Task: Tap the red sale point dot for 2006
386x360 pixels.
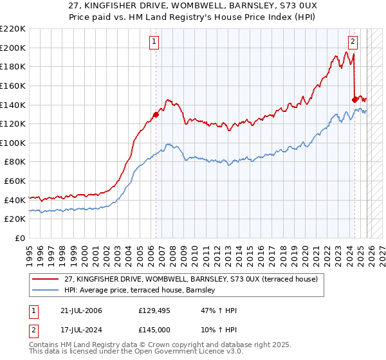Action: [156, 115]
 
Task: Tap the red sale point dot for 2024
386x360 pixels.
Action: [354, 99]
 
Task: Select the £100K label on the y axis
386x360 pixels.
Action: [14, 143]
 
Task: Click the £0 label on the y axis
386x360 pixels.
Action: [19, 239]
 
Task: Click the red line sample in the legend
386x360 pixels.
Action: [45, 279]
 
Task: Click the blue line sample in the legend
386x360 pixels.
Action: [45, 291]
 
